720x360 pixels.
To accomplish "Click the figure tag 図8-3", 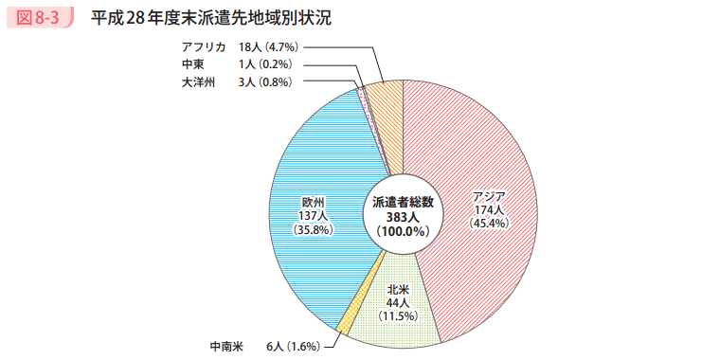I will pos(40,18).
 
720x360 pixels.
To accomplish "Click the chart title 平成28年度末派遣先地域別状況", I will pos(211,18).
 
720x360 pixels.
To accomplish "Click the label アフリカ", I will pos(203,46).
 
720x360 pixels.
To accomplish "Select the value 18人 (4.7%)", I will pos(270,46).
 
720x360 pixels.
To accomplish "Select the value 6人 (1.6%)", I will pos(294,347).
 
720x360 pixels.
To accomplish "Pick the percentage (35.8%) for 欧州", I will pos(313,230).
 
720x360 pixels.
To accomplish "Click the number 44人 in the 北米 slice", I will pos(397,301).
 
